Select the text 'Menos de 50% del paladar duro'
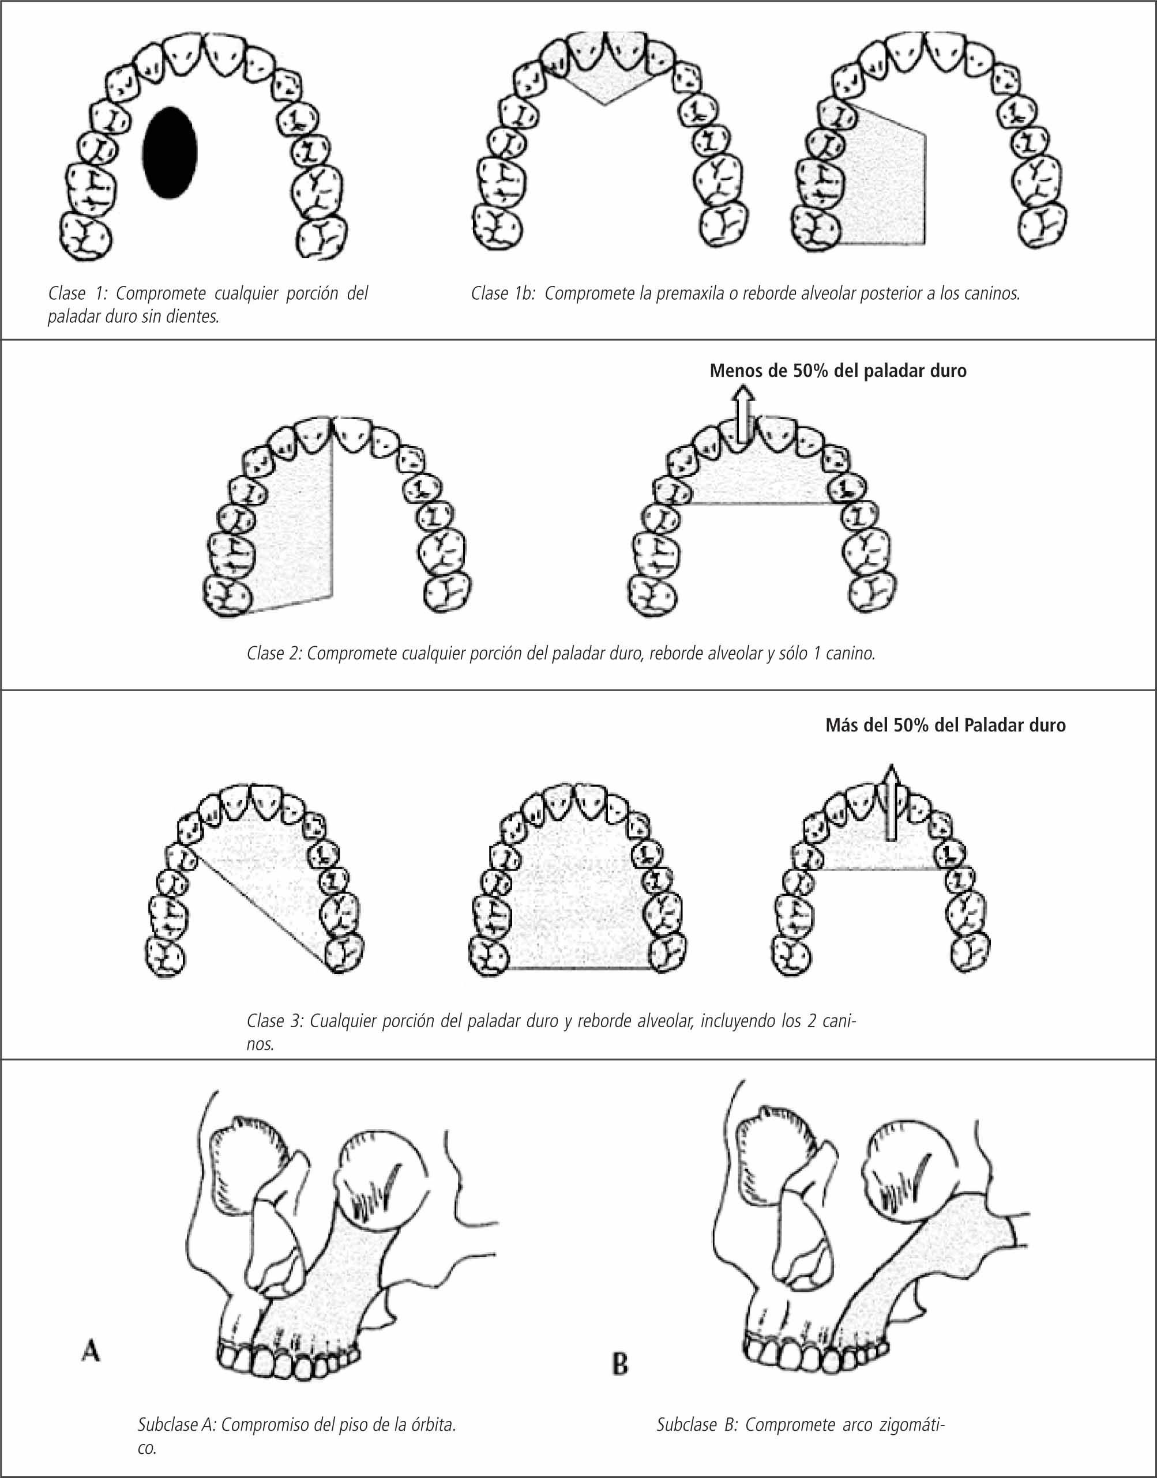(838, 371)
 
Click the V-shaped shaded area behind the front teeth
(605, 85)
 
